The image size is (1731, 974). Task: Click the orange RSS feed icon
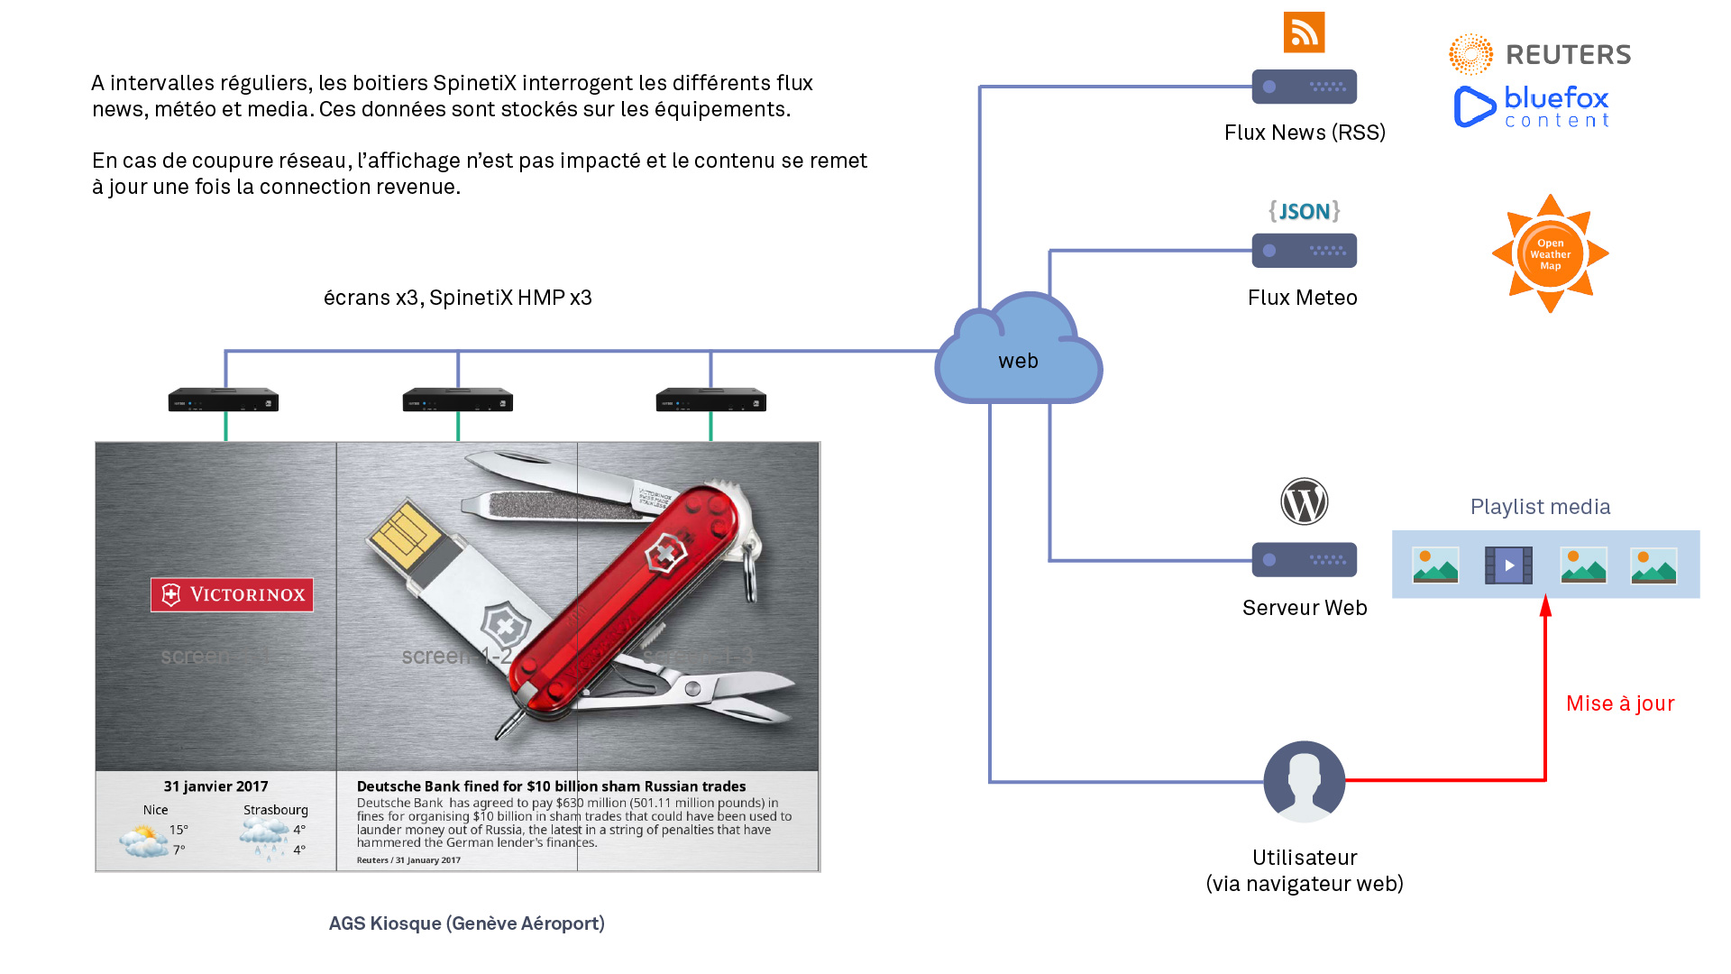click(1304, 32)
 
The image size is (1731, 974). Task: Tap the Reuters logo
click(1540, 55)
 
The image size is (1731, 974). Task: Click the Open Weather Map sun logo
click(1550, 253)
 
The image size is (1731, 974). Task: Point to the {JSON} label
click(1304, 211)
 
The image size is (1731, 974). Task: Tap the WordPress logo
click(1304, 501)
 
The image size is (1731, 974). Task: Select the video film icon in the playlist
click(1508, 565)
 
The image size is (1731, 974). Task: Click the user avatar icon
click(1304, 781)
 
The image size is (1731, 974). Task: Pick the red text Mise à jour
click(1619, 703)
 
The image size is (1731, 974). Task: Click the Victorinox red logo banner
click(232, 594)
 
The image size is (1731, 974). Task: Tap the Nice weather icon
click(143, 841)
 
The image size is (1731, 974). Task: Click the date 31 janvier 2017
click(215, 786)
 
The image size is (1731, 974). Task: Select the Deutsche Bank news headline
click(551, 786)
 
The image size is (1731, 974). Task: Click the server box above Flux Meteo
click(1304, 251)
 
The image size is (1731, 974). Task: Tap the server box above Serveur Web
click(1304, 560)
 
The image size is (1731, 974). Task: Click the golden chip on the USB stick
click(405, 535)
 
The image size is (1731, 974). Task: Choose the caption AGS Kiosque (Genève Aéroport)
click(466, 923)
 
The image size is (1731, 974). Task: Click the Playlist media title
click(1540, 507)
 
